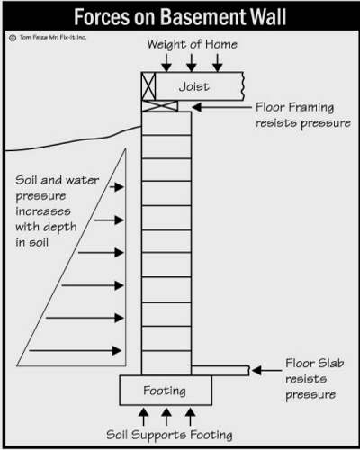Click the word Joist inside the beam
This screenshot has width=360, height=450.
point(194,86)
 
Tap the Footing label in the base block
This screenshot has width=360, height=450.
point(165,391)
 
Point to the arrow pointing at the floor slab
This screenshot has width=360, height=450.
point(266,371)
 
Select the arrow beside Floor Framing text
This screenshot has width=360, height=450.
point(222,107)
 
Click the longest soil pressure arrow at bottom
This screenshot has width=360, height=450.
point(75,350)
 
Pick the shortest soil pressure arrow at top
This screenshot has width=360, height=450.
point(116,187)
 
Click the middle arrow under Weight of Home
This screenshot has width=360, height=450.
point(192,63)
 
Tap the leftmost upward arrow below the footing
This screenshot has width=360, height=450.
point(143,416)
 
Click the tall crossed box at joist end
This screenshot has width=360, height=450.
point(148,86)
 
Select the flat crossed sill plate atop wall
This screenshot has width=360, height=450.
point(159,106)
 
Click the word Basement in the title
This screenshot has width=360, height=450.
point(203,16)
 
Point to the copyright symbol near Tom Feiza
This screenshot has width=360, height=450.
point(13,38)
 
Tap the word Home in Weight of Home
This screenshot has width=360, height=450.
point(221,45)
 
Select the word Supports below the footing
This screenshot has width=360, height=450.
point(158,436)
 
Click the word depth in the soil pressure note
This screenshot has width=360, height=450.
point(61,228)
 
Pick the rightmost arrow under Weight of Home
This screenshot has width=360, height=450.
point(218,63)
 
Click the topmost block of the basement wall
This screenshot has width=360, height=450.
point(166,123)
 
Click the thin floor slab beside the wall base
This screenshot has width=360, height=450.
point(220,371)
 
